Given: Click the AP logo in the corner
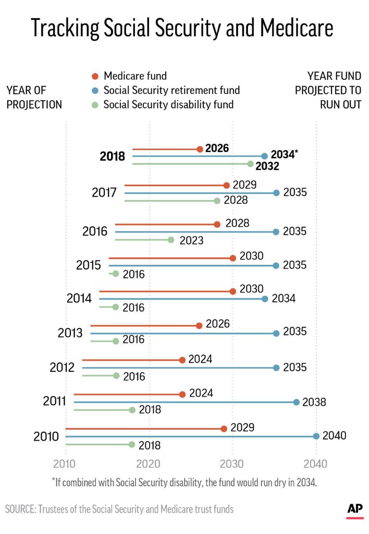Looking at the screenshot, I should pyautogui.click(x=355, y=510).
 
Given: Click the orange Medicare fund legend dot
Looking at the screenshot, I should pyautogui.click(x=94, y=76).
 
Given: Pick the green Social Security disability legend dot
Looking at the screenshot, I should pyautogui.click(x=94, y=104).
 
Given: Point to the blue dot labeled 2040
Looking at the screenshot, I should pyautogui.click(x=316, y=436).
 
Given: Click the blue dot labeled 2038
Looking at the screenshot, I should pyautogui.click(x=297, y=402).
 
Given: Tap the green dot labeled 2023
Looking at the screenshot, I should pyautogui.click(x=171, y=240).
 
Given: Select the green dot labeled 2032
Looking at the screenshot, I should pyautogui.click(x=251, y=164).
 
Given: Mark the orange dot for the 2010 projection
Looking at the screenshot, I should pyautogui.click(x=224, y=429).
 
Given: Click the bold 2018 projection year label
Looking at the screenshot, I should pyautogui.click(x=113, y=156).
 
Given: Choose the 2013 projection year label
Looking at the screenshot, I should pyautogui.click(x=70, y=333).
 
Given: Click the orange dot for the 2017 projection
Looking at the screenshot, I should pyautogui.click(x=226, y=185).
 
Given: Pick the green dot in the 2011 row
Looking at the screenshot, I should pyautogui.click(x=132, y=410).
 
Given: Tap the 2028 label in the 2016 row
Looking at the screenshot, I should pyautogui.click(x=238, y=224).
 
